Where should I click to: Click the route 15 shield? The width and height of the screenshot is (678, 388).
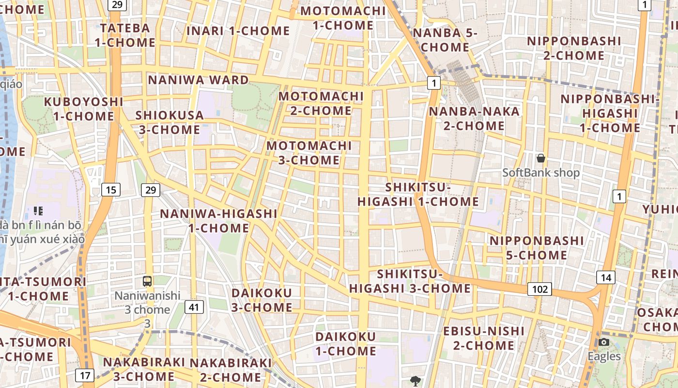tap(111, 190)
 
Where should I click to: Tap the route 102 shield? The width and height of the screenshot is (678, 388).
tap(539, 290)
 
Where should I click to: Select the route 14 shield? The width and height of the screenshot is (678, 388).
tap(605, 277)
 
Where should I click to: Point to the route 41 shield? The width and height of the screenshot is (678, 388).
tap(194, 307)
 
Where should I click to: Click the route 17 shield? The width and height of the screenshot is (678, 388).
tap(85, 375)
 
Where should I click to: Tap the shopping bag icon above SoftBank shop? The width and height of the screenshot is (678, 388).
tap(541, 158)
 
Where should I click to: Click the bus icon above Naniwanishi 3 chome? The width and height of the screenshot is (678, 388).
tap(147, 281)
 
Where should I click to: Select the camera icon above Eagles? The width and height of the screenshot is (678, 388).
tap(603, 342)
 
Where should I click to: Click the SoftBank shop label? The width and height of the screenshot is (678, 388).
tap(541, 173)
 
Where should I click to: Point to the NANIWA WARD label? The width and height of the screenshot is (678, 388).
tap(198, 80)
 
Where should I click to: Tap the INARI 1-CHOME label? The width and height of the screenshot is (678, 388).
tap(238, 31)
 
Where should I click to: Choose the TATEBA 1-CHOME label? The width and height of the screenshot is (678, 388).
tap(125, 35)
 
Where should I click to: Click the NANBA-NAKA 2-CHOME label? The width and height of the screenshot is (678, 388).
tap(467, 118)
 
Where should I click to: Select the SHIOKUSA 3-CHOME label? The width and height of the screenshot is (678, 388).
tap(169, 122)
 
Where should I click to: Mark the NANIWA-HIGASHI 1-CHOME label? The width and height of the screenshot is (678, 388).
tap(219, 221)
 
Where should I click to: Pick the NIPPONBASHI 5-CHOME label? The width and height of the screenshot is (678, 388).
tap(537, 248)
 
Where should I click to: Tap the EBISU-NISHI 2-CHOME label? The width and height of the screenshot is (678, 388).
tap(484, 338)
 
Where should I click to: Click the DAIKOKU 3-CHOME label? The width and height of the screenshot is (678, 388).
tap(262, 300)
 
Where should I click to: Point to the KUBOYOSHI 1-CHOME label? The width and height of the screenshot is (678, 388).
tap(84, 109)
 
